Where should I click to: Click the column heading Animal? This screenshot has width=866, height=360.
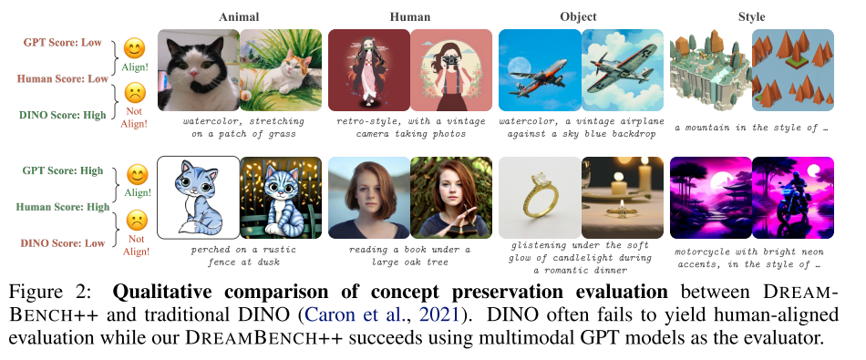[x=239, y=17]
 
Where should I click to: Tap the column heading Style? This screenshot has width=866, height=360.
[x=752, y=17]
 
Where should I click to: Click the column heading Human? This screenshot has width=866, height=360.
[x=410, y=17]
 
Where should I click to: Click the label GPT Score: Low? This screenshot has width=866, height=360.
[x=62, y=43]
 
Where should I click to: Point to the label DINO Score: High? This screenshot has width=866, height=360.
[x=62, y=116]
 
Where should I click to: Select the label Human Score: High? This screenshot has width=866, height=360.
[x=63, y=207]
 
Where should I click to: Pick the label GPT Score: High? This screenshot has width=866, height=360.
[x=63, y=170]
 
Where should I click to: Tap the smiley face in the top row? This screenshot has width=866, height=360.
[x=134, y=48]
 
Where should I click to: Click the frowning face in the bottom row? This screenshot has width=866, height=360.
[x=136, y=221]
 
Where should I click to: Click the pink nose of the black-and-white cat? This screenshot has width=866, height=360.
[x=194, y=73]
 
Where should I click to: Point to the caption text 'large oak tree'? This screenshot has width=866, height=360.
[x=409, y=262]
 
